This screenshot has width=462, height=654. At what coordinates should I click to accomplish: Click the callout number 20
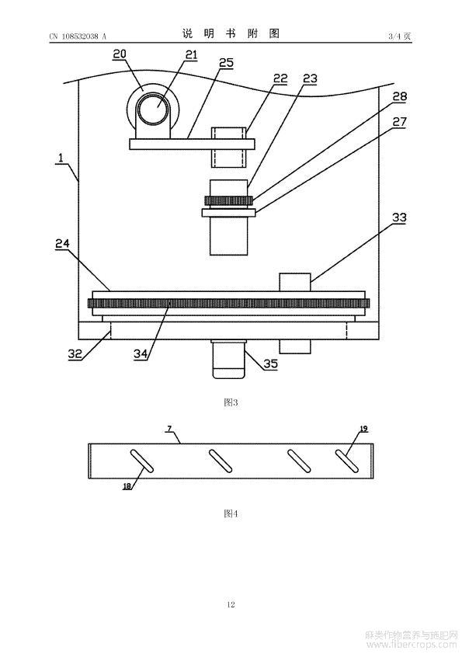pos(120,54)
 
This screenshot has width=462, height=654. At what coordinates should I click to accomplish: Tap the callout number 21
pos(191,54)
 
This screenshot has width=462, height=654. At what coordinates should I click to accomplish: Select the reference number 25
pos(227,63)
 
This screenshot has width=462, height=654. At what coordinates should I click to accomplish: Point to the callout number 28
pos(399,96)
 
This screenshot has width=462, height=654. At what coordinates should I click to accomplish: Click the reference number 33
pos(399,217)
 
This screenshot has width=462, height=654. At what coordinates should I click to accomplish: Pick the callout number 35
pos(271,364)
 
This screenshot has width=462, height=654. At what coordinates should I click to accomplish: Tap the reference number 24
pos(63,243)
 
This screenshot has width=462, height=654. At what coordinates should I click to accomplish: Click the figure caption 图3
pos(231,402)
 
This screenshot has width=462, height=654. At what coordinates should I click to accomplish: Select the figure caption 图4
pos(231,513)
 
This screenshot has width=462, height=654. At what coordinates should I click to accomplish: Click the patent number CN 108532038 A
pos(78,37)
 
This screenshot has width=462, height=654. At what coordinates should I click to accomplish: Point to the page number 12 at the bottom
pos(231,604)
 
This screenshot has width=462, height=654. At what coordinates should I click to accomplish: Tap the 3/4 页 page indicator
pos(400,36)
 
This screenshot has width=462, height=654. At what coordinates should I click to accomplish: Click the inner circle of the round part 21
pos(155,108)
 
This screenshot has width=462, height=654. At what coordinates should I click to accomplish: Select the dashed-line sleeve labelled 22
pos(228,148)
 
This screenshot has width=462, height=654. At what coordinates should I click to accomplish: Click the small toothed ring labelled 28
pos(228,201)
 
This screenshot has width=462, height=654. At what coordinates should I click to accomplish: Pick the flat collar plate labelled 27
pos(228,213)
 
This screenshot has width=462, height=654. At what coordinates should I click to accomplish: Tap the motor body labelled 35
pos(228,360)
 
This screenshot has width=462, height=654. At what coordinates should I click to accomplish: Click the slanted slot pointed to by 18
pos(142,461)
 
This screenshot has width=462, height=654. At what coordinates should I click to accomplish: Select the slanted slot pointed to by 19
pos(347,461)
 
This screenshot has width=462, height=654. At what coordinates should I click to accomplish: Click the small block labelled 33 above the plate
pos(295,283)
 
